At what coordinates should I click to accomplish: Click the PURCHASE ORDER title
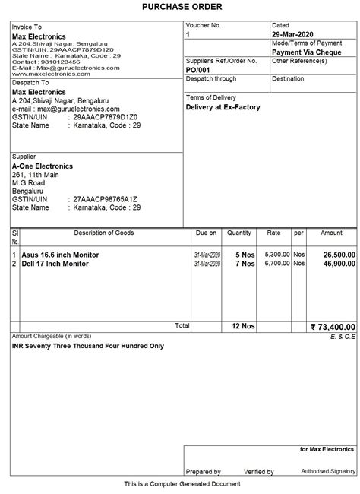click(180, 7)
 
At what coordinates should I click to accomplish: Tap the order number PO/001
click(198, 69)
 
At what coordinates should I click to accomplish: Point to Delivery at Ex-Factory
click(223, 107)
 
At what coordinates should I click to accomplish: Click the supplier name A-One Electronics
click(42, 166)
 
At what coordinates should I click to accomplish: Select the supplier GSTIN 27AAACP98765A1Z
click(105, 198)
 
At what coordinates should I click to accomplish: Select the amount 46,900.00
click(336, 264)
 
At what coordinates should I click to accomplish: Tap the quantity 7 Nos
click(244, 264)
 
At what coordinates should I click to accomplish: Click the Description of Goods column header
click(104, 233)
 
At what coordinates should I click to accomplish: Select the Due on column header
click(206, 233)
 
